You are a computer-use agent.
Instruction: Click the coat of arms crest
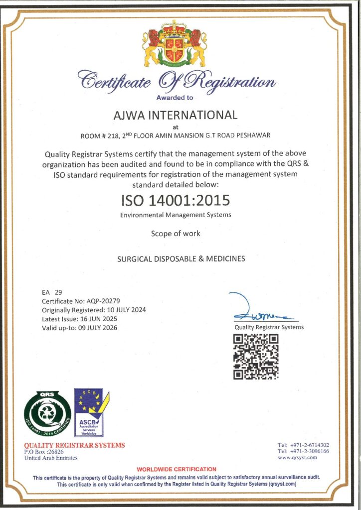click(175, 46)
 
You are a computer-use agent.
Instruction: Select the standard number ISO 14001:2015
click(175, 200)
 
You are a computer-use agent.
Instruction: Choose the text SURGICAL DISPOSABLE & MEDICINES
click(180, 259)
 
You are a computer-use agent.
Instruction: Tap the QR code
click(256, 357)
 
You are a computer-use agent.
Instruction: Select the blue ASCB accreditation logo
click(90, 413)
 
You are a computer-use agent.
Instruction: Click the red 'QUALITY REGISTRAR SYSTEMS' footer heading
click(75, 445)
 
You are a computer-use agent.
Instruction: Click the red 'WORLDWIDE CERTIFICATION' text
click(177, 469)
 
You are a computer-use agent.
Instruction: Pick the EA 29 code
click(52, 292)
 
